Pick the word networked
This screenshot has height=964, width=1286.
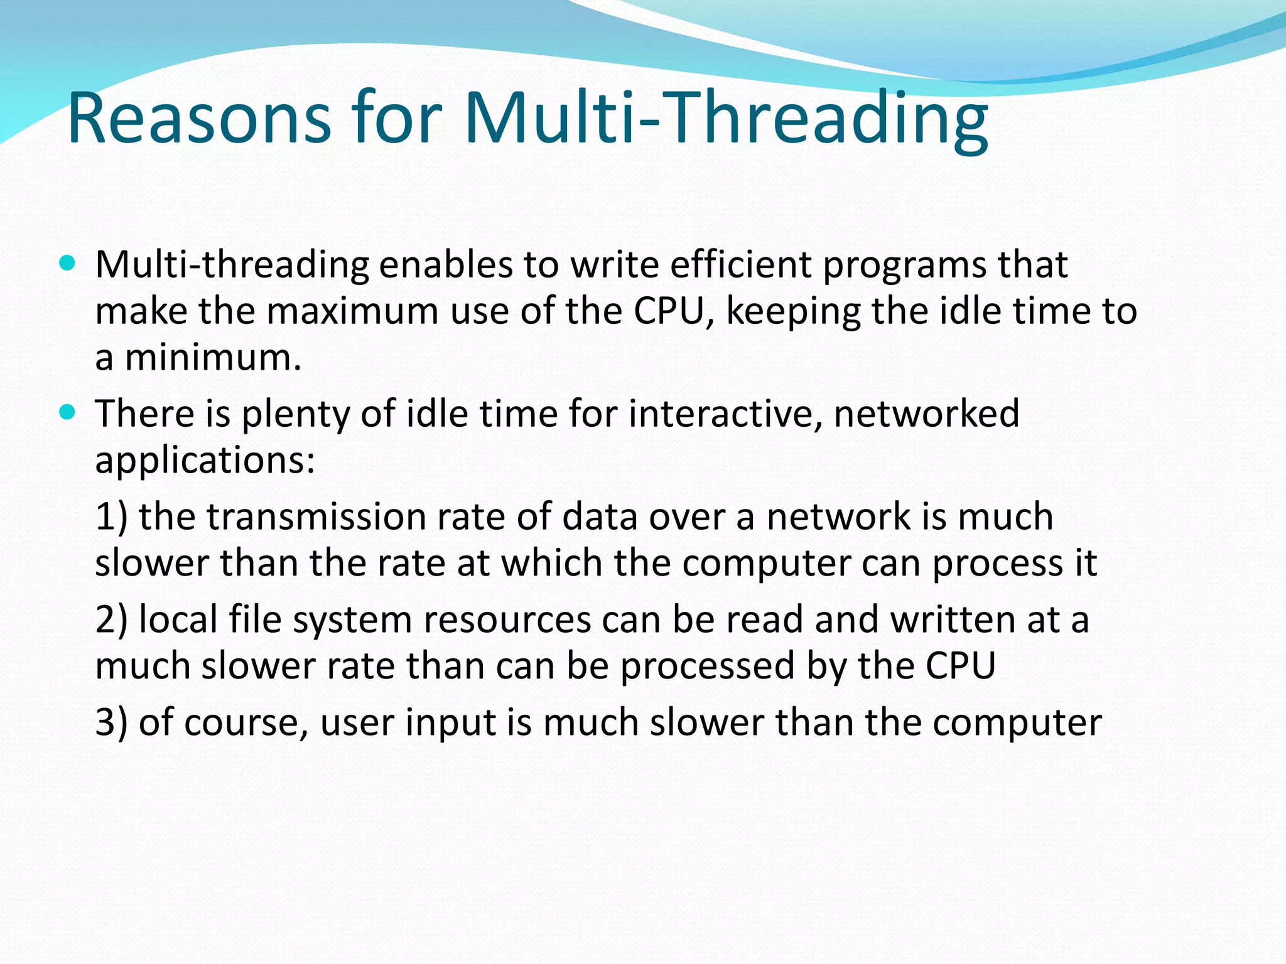pyautogui.click(x=926, y=414)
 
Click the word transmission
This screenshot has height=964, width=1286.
pyautogui.click(x=316, y=517)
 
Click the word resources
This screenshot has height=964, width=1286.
pyautogui.click(x=507, y=620)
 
